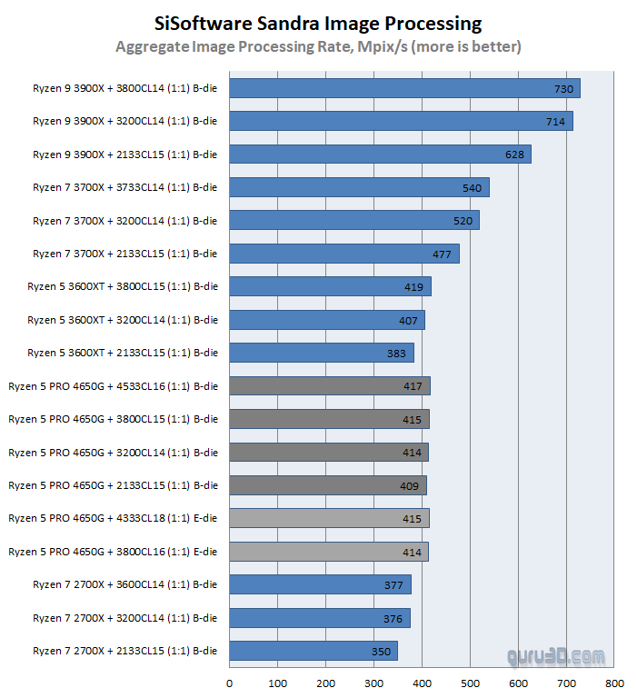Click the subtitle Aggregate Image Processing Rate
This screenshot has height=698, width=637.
coord(318,45)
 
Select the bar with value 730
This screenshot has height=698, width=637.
coord(404,88)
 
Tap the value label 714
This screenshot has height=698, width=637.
coord(555,122)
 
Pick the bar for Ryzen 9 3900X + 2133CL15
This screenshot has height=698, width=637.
coord(380,155)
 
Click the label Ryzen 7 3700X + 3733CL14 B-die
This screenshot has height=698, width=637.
coord(125,187)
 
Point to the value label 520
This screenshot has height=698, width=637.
coord(462,221)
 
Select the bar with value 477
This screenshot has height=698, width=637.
coord(343,254)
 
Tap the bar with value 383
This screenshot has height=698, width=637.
coord(322,353)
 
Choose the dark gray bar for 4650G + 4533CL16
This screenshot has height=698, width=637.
coord(329,386)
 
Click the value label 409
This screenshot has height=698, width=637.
coord(409,485)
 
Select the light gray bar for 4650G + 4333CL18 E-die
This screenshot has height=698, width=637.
coord(329,518)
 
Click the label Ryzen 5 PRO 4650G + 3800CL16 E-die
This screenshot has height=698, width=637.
coord(114,552)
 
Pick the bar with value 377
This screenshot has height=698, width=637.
coord(320,584)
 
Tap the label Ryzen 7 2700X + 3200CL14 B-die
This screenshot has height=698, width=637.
coord(125,618)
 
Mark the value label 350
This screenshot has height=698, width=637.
coord(381,651)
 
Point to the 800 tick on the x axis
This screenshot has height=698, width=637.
coord(614,683)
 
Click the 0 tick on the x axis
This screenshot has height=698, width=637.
coord(229,683)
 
